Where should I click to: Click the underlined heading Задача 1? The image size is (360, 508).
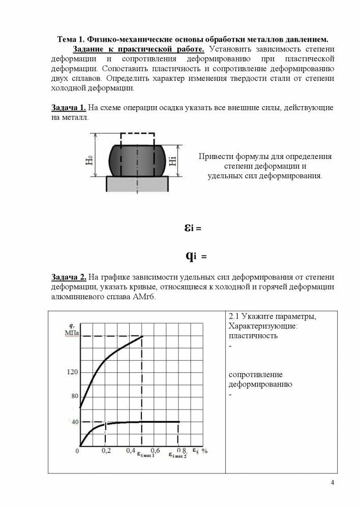68,108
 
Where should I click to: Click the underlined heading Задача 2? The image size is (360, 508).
68,277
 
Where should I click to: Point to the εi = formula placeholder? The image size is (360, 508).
193,229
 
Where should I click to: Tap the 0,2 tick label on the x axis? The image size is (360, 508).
106,450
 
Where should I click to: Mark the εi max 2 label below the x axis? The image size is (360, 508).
178,456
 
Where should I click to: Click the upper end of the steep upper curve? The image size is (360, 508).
142,336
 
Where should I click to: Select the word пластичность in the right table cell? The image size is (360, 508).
253,336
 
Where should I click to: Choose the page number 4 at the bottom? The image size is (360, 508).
332,483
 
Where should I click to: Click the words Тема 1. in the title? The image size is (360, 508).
72,39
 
